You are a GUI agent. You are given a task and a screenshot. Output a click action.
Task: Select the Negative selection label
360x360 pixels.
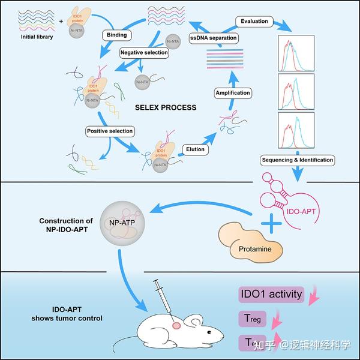[144, 53]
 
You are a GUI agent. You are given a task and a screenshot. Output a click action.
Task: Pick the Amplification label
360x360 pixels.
[233, 94]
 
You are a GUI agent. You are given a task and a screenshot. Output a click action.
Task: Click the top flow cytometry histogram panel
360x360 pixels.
[296, 53]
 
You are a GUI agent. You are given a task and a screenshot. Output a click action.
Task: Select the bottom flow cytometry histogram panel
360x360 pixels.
[296, 133]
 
